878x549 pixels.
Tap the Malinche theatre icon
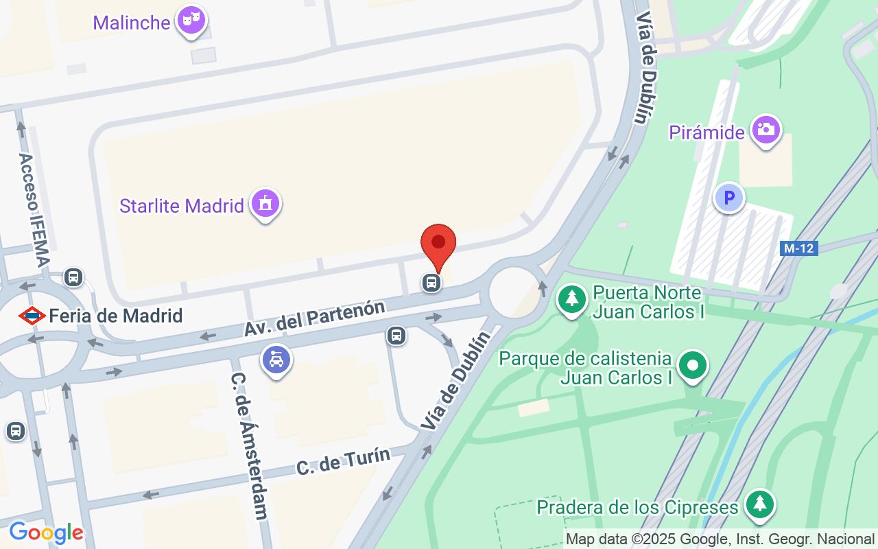(x=191, y=21)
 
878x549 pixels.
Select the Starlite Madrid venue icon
(x=265, y=203)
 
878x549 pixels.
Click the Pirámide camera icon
(x=766, y=129)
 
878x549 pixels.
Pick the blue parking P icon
(x=729, y=199)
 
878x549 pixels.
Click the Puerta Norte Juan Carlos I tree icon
(x=571, y=300)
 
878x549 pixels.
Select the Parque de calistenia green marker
(x=693, y=365)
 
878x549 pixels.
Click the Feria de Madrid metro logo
(x=32, y=316)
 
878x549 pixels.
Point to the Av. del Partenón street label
(x=314, y=318)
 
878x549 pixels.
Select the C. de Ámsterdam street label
(x=248, y=446)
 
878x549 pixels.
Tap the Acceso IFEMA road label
(x=34, y=209)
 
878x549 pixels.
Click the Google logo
(x=46, y=533)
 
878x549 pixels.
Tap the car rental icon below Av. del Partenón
(x=276, y=360)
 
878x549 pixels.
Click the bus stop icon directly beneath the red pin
(x=431, y=282)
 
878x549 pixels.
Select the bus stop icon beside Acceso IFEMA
(x=73, y=278)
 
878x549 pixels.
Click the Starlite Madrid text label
(x=182, y=205)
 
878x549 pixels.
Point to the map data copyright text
(x=720, y=539)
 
